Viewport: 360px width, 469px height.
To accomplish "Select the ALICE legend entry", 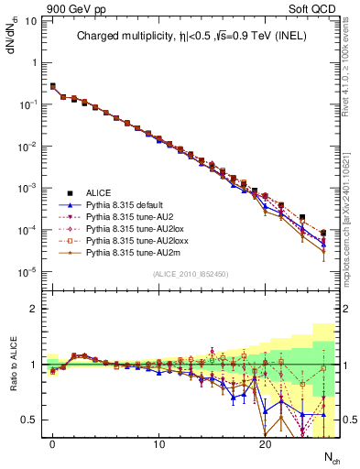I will click(99, 192).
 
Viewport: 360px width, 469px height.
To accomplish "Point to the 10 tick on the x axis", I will click(158, 445).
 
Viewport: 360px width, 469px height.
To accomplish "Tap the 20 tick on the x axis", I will click(265, 445).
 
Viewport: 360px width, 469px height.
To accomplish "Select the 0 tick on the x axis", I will click(52, 445).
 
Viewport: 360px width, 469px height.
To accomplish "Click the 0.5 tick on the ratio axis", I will click(31, 420).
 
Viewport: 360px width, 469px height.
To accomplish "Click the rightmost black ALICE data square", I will click(323, 234).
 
